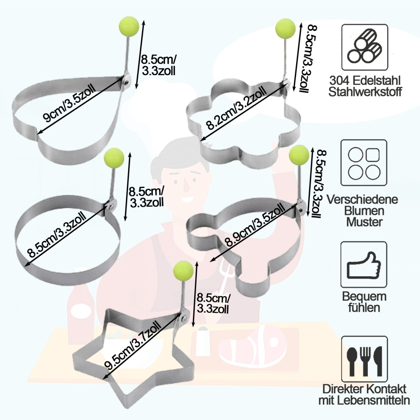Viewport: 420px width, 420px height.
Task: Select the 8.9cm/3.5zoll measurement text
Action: click(x=255, y=224)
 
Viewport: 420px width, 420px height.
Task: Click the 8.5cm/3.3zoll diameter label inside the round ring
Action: click(x=57, y=234)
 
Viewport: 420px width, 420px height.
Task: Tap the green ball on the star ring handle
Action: click(x=183, y=271)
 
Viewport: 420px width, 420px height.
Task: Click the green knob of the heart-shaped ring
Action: click(x=129, y=26)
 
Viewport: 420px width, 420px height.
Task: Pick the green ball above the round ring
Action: click(x=114, y=158)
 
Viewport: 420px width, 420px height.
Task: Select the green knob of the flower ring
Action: click(x=286, y=28)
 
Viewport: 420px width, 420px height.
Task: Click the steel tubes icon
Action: click(x=365, y=47)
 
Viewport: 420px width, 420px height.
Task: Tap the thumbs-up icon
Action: click(x=364, y=265)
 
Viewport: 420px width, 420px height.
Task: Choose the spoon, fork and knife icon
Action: click(x=364, y=359)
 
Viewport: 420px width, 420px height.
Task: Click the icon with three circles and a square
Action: click(x=364, y=162)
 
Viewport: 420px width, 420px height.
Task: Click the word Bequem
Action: click(x=364, y=297)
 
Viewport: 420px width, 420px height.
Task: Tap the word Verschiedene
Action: click(x=362, y=199)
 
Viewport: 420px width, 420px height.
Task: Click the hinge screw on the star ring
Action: click(x=184, y=318)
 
